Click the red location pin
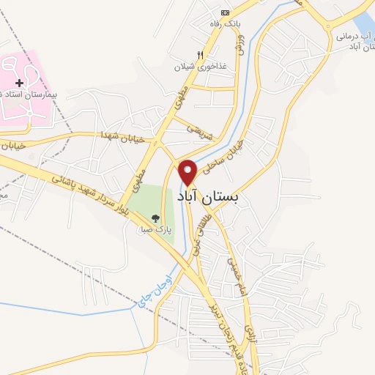188,172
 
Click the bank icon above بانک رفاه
226,12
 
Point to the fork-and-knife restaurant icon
201,55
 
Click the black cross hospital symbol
19,84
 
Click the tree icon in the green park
155,218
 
